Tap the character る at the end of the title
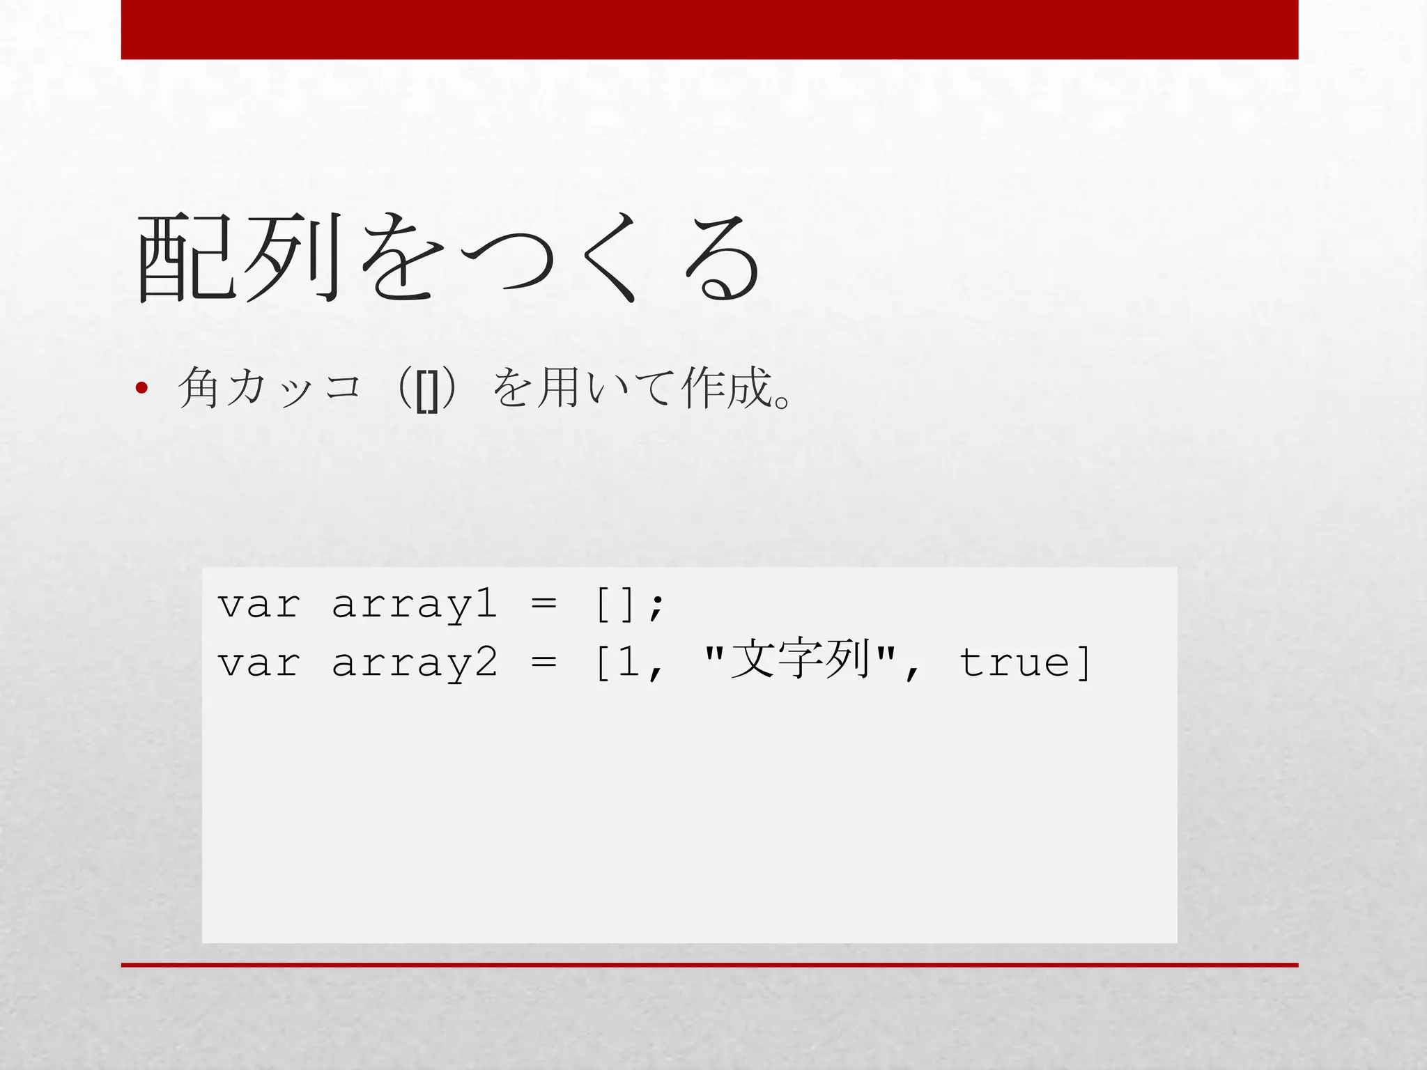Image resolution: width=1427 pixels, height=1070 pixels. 722,258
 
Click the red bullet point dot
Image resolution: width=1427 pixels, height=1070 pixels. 142,389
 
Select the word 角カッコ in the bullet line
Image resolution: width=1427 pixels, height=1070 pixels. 270,388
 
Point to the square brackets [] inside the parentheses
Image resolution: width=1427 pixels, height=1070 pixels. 426,390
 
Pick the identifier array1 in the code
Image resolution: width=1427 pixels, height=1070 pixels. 415,604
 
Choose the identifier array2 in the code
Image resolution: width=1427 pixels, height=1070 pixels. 415,662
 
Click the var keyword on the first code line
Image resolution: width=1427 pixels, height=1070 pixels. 259,604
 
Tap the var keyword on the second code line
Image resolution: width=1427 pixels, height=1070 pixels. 259,662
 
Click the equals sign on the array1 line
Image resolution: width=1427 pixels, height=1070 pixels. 543,604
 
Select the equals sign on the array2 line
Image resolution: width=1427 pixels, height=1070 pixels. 543,662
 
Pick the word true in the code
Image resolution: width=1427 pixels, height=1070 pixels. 1015,662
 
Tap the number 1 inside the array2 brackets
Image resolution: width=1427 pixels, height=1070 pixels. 628,662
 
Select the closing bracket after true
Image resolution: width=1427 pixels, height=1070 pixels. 1083,662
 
